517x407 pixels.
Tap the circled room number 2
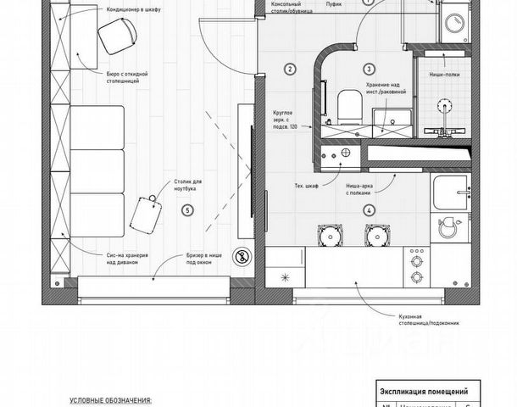290,70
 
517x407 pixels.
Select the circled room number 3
369,69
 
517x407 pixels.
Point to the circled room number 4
368,210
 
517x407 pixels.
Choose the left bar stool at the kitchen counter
327,233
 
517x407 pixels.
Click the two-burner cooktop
417,268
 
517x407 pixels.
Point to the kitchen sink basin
448,226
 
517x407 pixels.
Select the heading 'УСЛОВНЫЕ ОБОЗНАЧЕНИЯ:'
111,399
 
